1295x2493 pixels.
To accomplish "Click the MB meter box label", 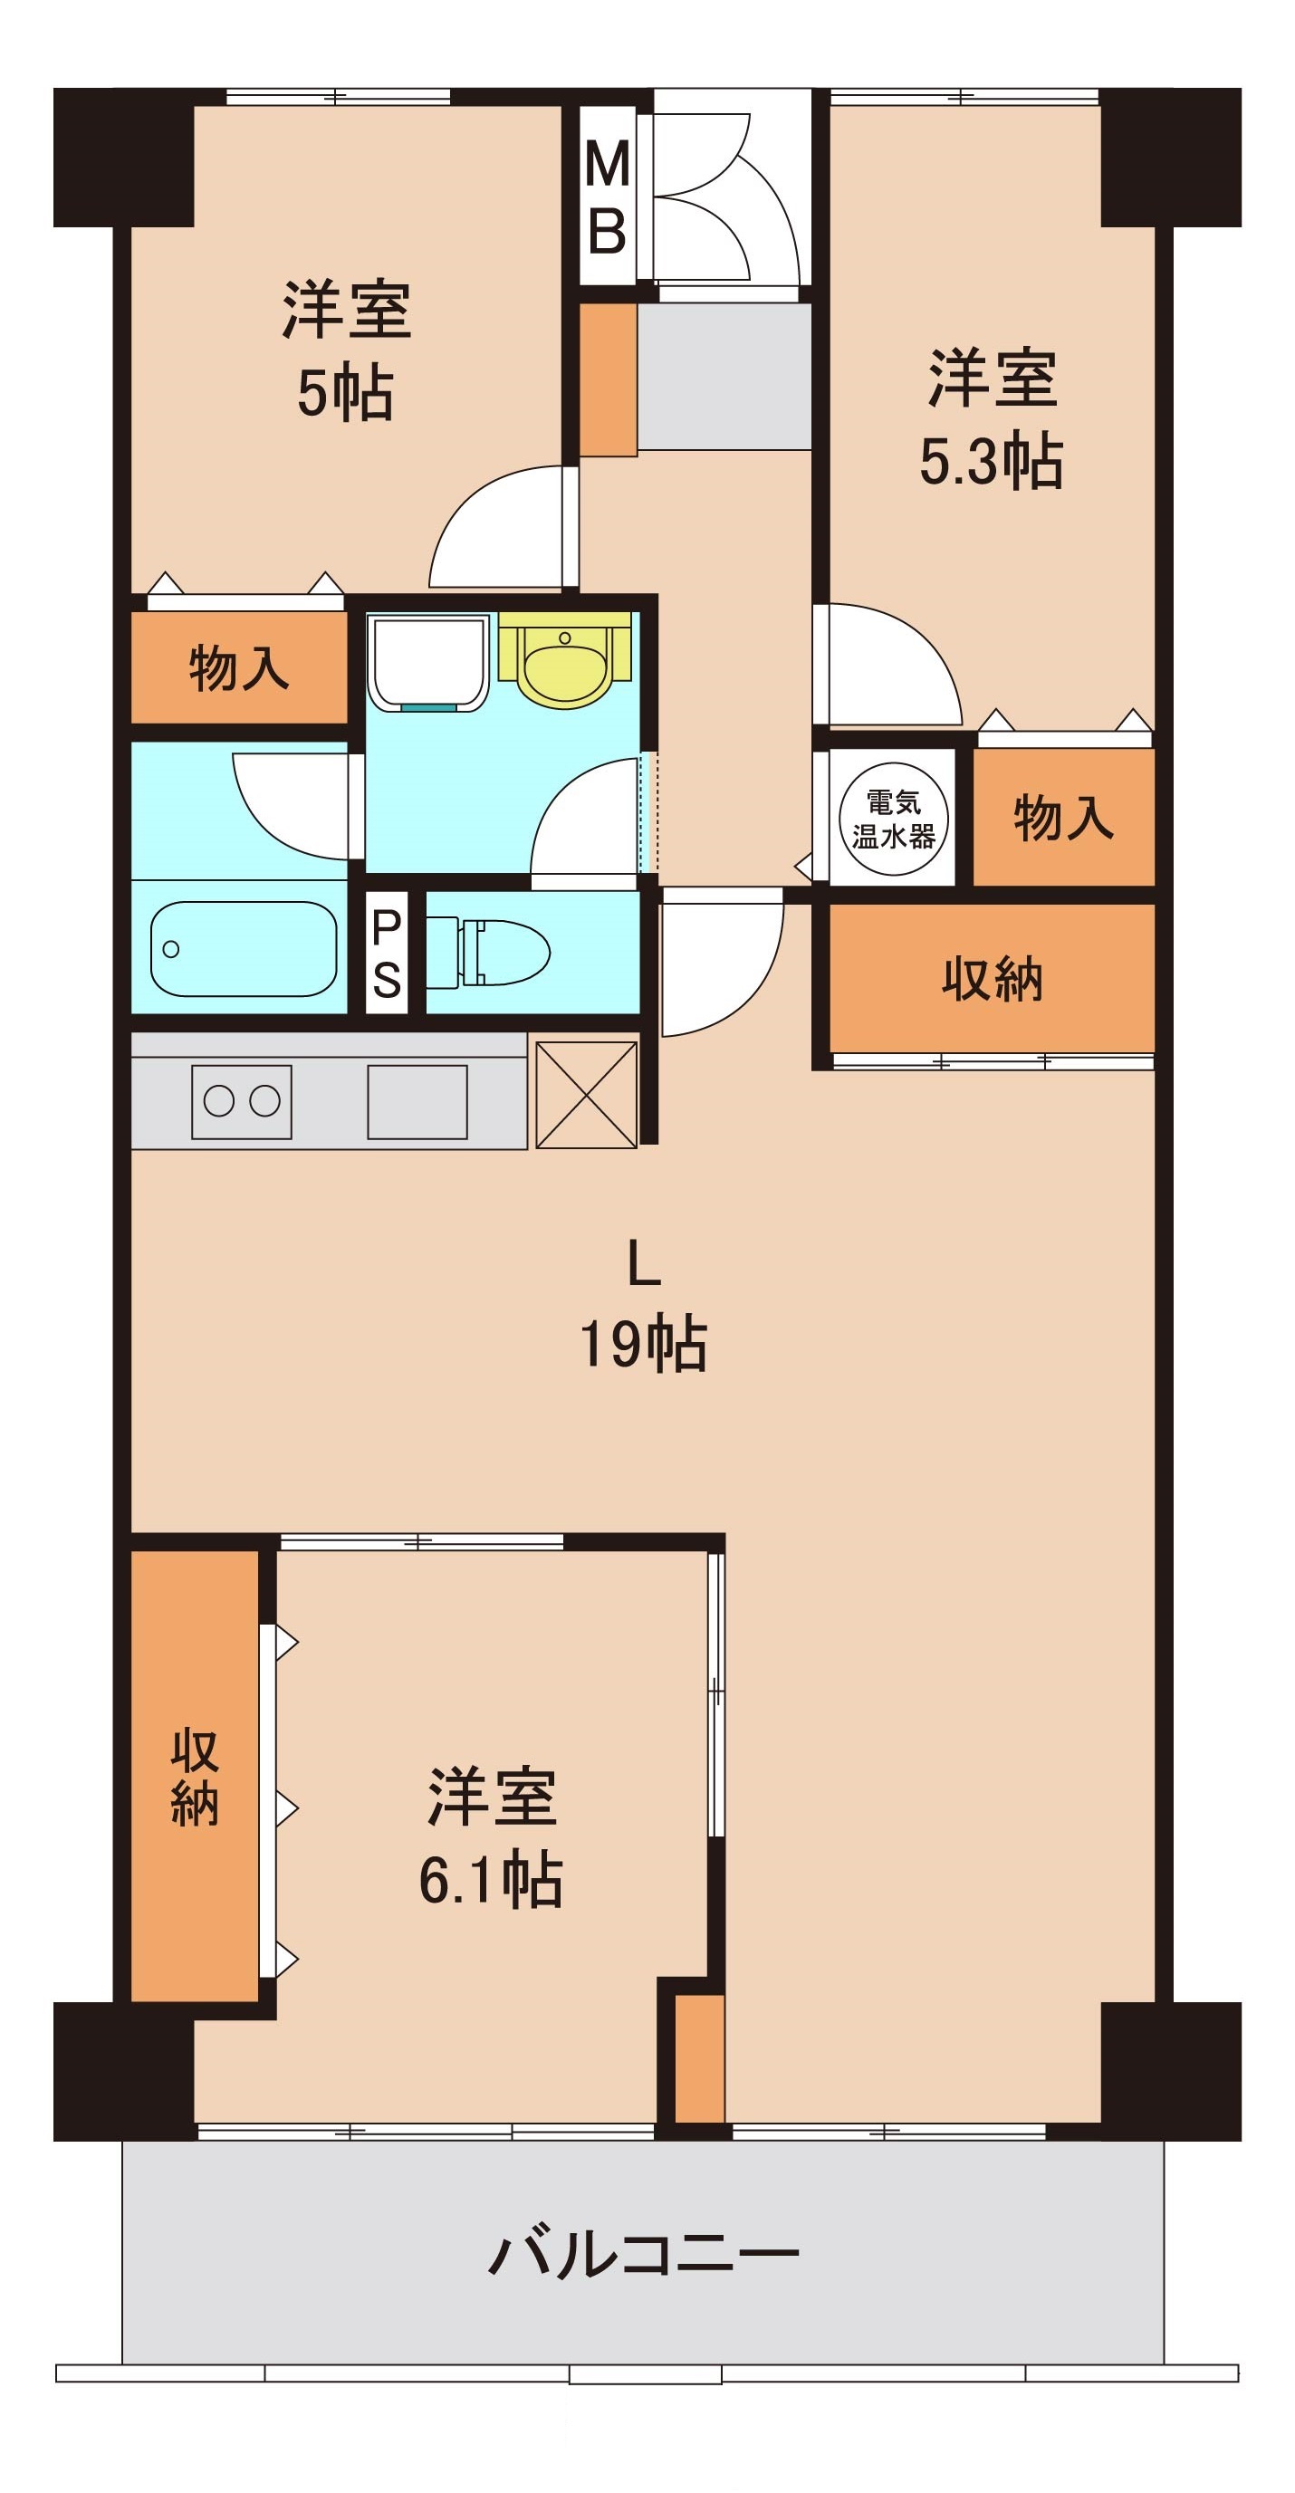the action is [607, 197].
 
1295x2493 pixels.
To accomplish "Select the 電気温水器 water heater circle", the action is [892, 819].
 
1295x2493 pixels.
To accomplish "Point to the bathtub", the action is [244, 948].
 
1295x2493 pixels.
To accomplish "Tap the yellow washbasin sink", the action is [564, 658].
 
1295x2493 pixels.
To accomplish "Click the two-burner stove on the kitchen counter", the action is [241, 1101].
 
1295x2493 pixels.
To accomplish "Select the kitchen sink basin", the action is [417, 1101].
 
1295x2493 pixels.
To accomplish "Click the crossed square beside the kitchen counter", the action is [587, 1095].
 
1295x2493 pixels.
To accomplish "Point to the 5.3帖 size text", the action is [991, 461].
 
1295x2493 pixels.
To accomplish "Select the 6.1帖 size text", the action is [491, 1878].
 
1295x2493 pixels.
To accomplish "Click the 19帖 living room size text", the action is [644, 1343].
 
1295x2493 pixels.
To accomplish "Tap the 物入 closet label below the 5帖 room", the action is [239, 667].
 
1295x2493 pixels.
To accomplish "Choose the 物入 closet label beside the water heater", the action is [1064, 818].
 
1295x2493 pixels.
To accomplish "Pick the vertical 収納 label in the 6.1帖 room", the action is [195, 1777].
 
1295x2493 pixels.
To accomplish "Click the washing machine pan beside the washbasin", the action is [428, 663].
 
